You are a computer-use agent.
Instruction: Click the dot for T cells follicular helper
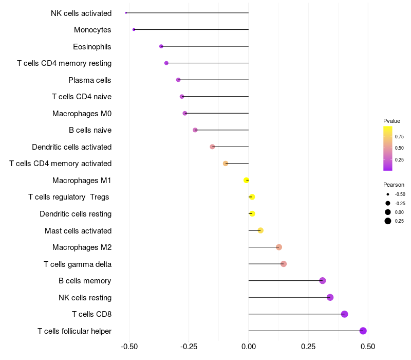[363, 331]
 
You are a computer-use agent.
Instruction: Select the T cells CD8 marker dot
[344, 314]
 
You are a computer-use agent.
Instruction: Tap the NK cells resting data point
[330, 297]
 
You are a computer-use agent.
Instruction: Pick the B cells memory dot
[323, 280]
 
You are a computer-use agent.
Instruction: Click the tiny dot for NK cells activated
[126, 12]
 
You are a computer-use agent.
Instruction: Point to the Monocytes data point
[134, 30]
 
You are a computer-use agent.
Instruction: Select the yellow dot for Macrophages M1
[247, 180]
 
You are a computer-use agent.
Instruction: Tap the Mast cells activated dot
[260, 230]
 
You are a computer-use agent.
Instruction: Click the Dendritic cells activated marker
[212, 147]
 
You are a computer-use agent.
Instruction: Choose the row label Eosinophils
[92, 47]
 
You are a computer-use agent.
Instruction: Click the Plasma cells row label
[90, 80]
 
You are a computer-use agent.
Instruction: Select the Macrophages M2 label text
[82, 247]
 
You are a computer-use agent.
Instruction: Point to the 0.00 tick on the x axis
[248, 347]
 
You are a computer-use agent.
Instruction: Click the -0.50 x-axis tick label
[129, 347]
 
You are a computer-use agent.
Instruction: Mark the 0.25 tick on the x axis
[308, 347]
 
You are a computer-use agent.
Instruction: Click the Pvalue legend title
[391, 121]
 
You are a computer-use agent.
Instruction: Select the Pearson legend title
[394, 185]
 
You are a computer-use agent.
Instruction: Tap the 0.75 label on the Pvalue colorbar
[399, 136]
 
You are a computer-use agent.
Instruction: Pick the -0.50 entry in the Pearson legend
[400, 194]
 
